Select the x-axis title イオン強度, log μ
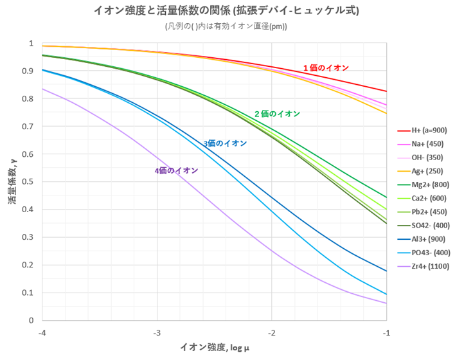215,348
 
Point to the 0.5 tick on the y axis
29,182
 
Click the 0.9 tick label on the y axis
29,71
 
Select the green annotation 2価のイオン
277,114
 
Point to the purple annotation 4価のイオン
175,170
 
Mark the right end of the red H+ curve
386,91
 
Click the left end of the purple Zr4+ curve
42,89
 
